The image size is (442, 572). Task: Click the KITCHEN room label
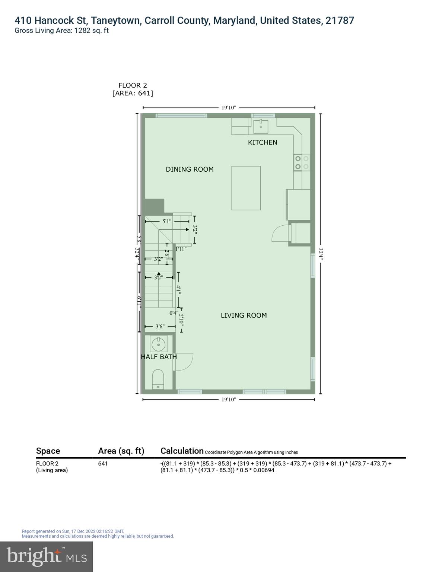(263, 142)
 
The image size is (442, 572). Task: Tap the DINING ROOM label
(190, 169)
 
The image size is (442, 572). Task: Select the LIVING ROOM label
(244, 315)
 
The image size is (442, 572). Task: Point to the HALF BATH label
(159, 357)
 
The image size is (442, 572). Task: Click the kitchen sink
(261, 127)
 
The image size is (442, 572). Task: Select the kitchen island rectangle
(246, 188)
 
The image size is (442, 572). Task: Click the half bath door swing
(184, 362)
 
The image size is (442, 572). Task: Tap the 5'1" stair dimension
(167, 221)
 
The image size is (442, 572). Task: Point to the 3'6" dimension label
(160, 327)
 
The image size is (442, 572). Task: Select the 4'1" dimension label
(179, 290)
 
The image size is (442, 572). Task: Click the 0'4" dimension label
(174, 313)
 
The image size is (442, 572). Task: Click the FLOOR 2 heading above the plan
(133, 85)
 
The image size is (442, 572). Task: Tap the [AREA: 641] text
(133, 93)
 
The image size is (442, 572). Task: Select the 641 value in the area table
(103, 464)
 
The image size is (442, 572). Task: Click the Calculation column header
(182, 451)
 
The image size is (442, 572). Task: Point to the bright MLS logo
(47, 556)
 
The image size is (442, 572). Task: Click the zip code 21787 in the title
(340, 20)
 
